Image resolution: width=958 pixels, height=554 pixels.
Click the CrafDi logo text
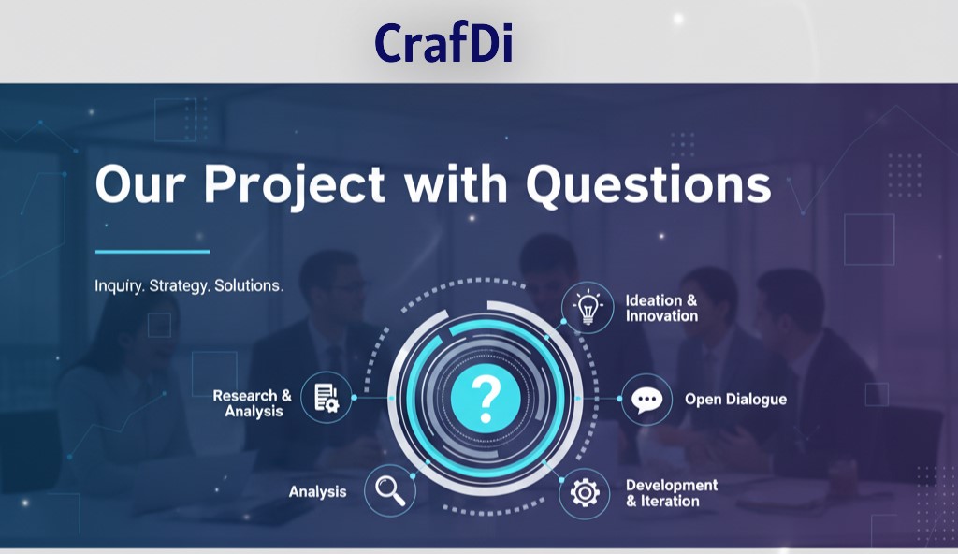[x=443, y=42]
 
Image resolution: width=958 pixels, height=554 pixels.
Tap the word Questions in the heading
[x=649, y=184]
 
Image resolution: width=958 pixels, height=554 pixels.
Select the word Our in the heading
[x=140, y=184]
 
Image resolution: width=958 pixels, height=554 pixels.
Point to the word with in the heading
[x=456, y=182]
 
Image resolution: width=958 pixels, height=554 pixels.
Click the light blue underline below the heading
[x=152, y=252]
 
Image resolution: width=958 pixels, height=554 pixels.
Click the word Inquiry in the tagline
[x=119, y=286]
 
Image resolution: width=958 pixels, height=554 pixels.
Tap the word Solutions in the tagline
[x=249, y=285]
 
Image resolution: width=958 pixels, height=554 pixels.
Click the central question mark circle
[x=486, y=398]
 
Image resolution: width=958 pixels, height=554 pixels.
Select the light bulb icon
[x=588, y=308]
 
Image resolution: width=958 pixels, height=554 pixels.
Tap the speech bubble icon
[x=646, y=400]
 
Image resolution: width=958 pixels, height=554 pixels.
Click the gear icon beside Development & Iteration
[x=585, y=493]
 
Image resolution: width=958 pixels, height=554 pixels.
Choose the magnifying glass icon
[x=390, y=489]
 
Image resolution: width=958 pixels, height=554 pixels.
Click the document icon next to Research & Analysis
[x=327, y=398]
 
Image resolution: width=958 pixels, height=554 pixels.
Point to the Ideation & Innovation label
[x=661, y=308]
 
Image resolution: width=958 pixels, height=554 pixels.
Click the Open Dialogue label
[x=735, y=400]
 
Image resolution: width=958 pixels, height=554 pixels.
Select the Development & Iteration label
[x=672, y=493]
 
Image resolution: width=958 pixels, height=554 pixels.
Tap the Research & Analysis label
[x=253, y=403]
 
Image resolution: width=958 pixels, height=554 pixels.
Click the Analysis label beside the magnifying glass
[x=318, y=491]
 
